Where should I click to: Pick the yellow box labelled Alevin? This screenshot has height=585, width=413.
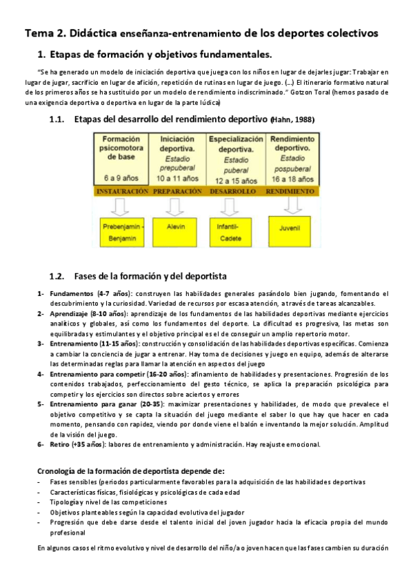(178, 226)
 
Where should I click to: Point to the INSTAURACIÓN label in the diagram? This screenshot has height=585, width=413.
(122, 190)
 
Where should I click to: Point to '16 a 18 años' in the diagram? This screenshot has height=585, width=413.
(293, 178)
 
